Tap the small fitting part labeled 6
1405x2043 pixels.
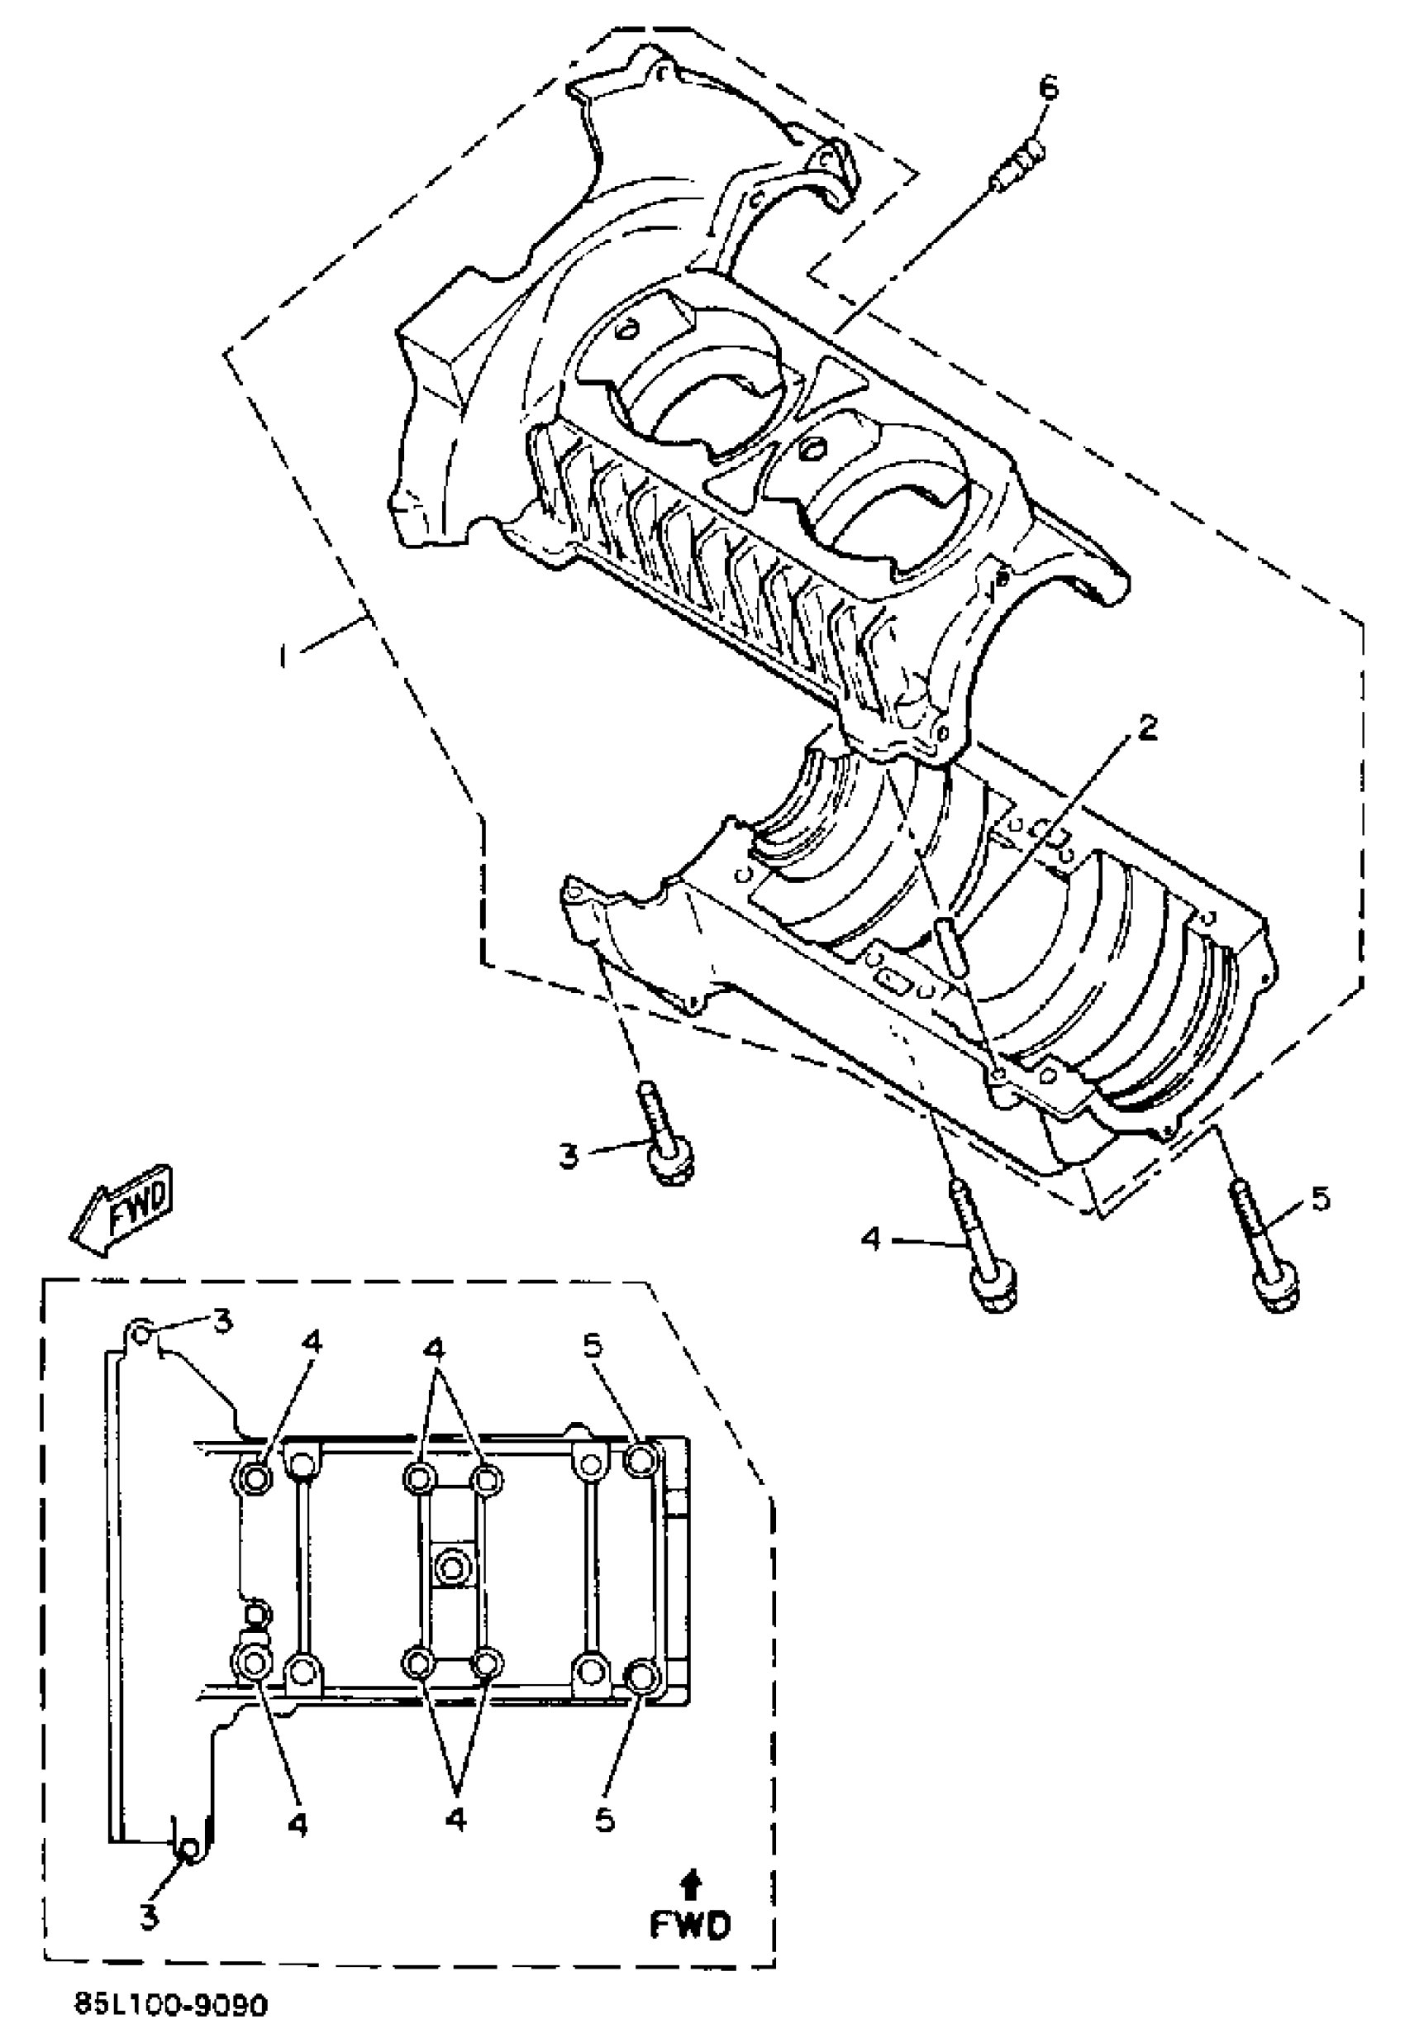tap(1017, 169)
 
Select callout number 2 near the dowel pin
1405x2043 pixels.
tap(1146, 728)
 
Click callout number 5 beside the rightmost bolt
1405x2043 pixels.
tap(1321, 1199)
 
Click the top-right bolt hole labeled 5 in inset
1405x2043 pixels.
tap(640, 1463)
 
